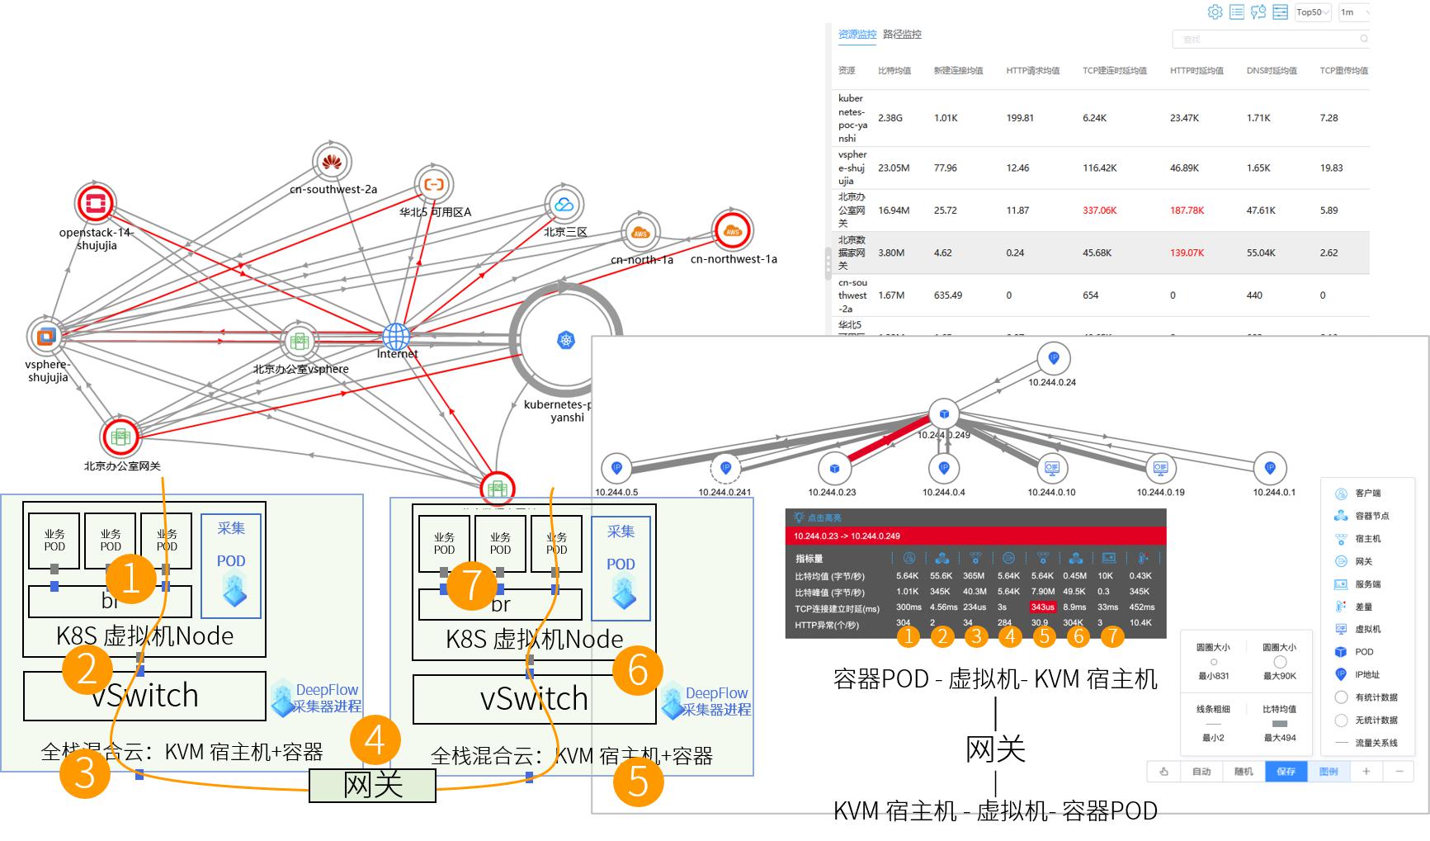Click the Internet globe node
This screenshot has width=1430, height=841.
click(396, 336)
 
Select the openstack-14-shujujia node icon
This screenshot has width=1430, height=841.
click(95, 203)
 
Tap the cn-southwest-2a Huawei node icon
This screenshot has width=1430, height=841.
click(332, 162)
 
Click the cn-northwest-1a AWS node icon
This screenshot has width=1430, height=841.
click(733, 231)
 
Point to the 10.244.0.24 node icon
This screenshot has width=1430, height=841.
click(1053, 358)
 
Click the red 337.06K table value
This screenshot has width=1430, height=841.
click(1099, 210)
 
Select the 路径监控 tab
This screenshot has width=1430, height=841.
click(902, 35)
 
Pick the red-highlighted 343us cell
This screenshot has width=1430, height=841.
click(1042, 607)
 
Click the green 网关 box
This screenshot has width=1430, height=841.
click(372, 785)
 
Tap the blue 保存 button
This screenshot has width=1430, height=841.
click(1286, 772)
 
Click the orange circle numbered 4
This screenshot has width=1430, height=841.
click(375, 739)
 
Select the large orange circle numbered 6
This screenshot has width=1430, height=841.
click(638, 669)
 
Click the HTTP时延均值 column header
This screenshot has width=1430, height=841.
click(1196, 71)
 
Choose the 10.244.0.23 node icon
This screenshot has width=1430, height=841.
click(833, 468)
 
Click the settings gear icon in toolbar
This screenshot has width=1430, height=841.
click(1215, 12)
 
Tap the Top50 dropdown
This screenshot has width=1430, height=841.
click(1312, 12)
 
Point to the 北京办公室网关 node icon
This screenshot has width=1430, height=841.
click(120, 437)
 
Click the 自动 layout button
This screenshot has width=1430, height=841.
click(1201, 772)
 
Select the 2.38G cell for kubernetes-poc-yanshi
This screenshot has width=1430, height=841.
click(890, 118)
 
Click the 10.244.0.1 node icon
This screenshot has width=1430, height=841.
click(1270, 468)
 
